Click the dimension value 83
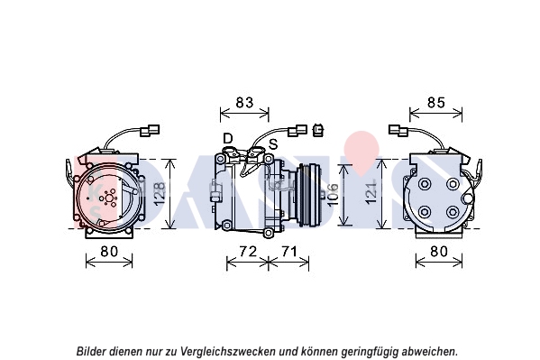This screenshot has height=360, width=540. [x=244, y=103]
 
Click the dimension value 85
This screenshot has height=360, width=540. [x=436, y=103]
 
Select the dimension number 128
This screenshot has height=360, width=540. [x=160, y=194]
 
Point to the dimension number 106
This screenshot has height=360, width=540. [x=333, y=195]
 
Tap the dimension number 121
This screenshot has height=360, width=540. [x=371, y=193]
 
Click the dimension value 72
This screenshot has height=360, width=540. [x=248, y=252]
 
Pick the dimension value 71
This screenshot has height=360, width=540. [x=289, y=252]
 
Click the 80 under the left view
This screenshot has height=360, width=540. [x=109, y=252]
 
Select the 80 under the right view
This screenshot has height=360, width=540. [x=439, y=252]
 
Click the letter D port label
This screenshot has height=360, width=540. [x=228, y=139]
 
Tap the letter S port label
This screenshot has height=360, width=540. [x=273, y=144]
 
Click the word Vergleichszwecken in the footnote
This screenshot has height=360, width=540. [x=228, y=351]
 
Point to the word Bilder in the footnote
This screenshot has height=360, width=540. [x=91, y=351]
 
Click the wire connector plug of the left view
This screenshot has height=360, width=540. [x=150, y=130]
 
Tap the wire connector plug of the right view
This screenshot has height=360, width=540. [x=398, y=130]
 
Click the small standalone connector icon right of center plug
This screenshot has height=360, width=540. [x=318, y=130]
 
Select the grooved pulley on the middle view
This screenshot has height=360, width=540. [x=309, y=196]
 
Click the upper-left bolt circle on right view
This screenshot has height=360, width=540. [x=425, y=183]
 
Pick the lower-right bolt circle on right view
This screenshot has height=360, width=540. [x=453, y=212]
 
